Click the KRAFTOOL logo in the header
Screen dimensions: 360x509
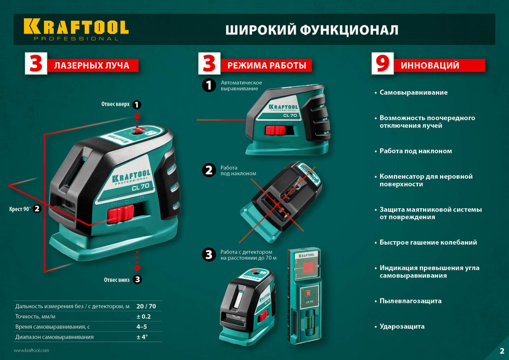pos(75,29)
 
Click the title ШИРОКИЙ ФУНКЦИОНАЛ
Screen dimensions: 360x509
pos(312,30)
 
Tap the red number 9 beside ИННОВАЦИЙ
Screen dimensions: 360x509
pos(382,65)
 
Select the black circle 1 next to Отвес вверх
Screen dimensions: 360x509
pos(136,104)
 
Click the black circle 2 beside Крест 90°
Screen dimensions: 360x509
pos(37,209)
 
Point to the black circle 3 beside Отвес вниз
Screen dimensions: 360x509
pos(138,279)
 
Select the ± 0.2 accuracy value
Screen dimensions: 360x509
pos(144,316)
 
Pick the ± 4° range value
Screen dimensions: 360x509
pos(142,337)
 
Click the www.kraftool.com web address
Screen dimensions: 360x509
pos(31,350)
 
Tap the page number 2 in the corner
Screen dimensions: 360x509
pos(501,350)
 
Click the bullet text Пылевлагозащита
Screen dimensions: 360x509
pos(410,301)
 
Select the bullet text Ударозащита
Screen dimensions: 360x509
pos(402,326)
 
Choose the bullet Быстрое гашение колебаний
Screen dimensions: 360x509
pos(428,242)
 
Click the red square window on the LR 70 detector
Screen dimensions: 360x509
pos(307,268)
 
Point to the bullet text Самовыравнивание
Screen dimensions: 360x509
pos(413,93)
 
